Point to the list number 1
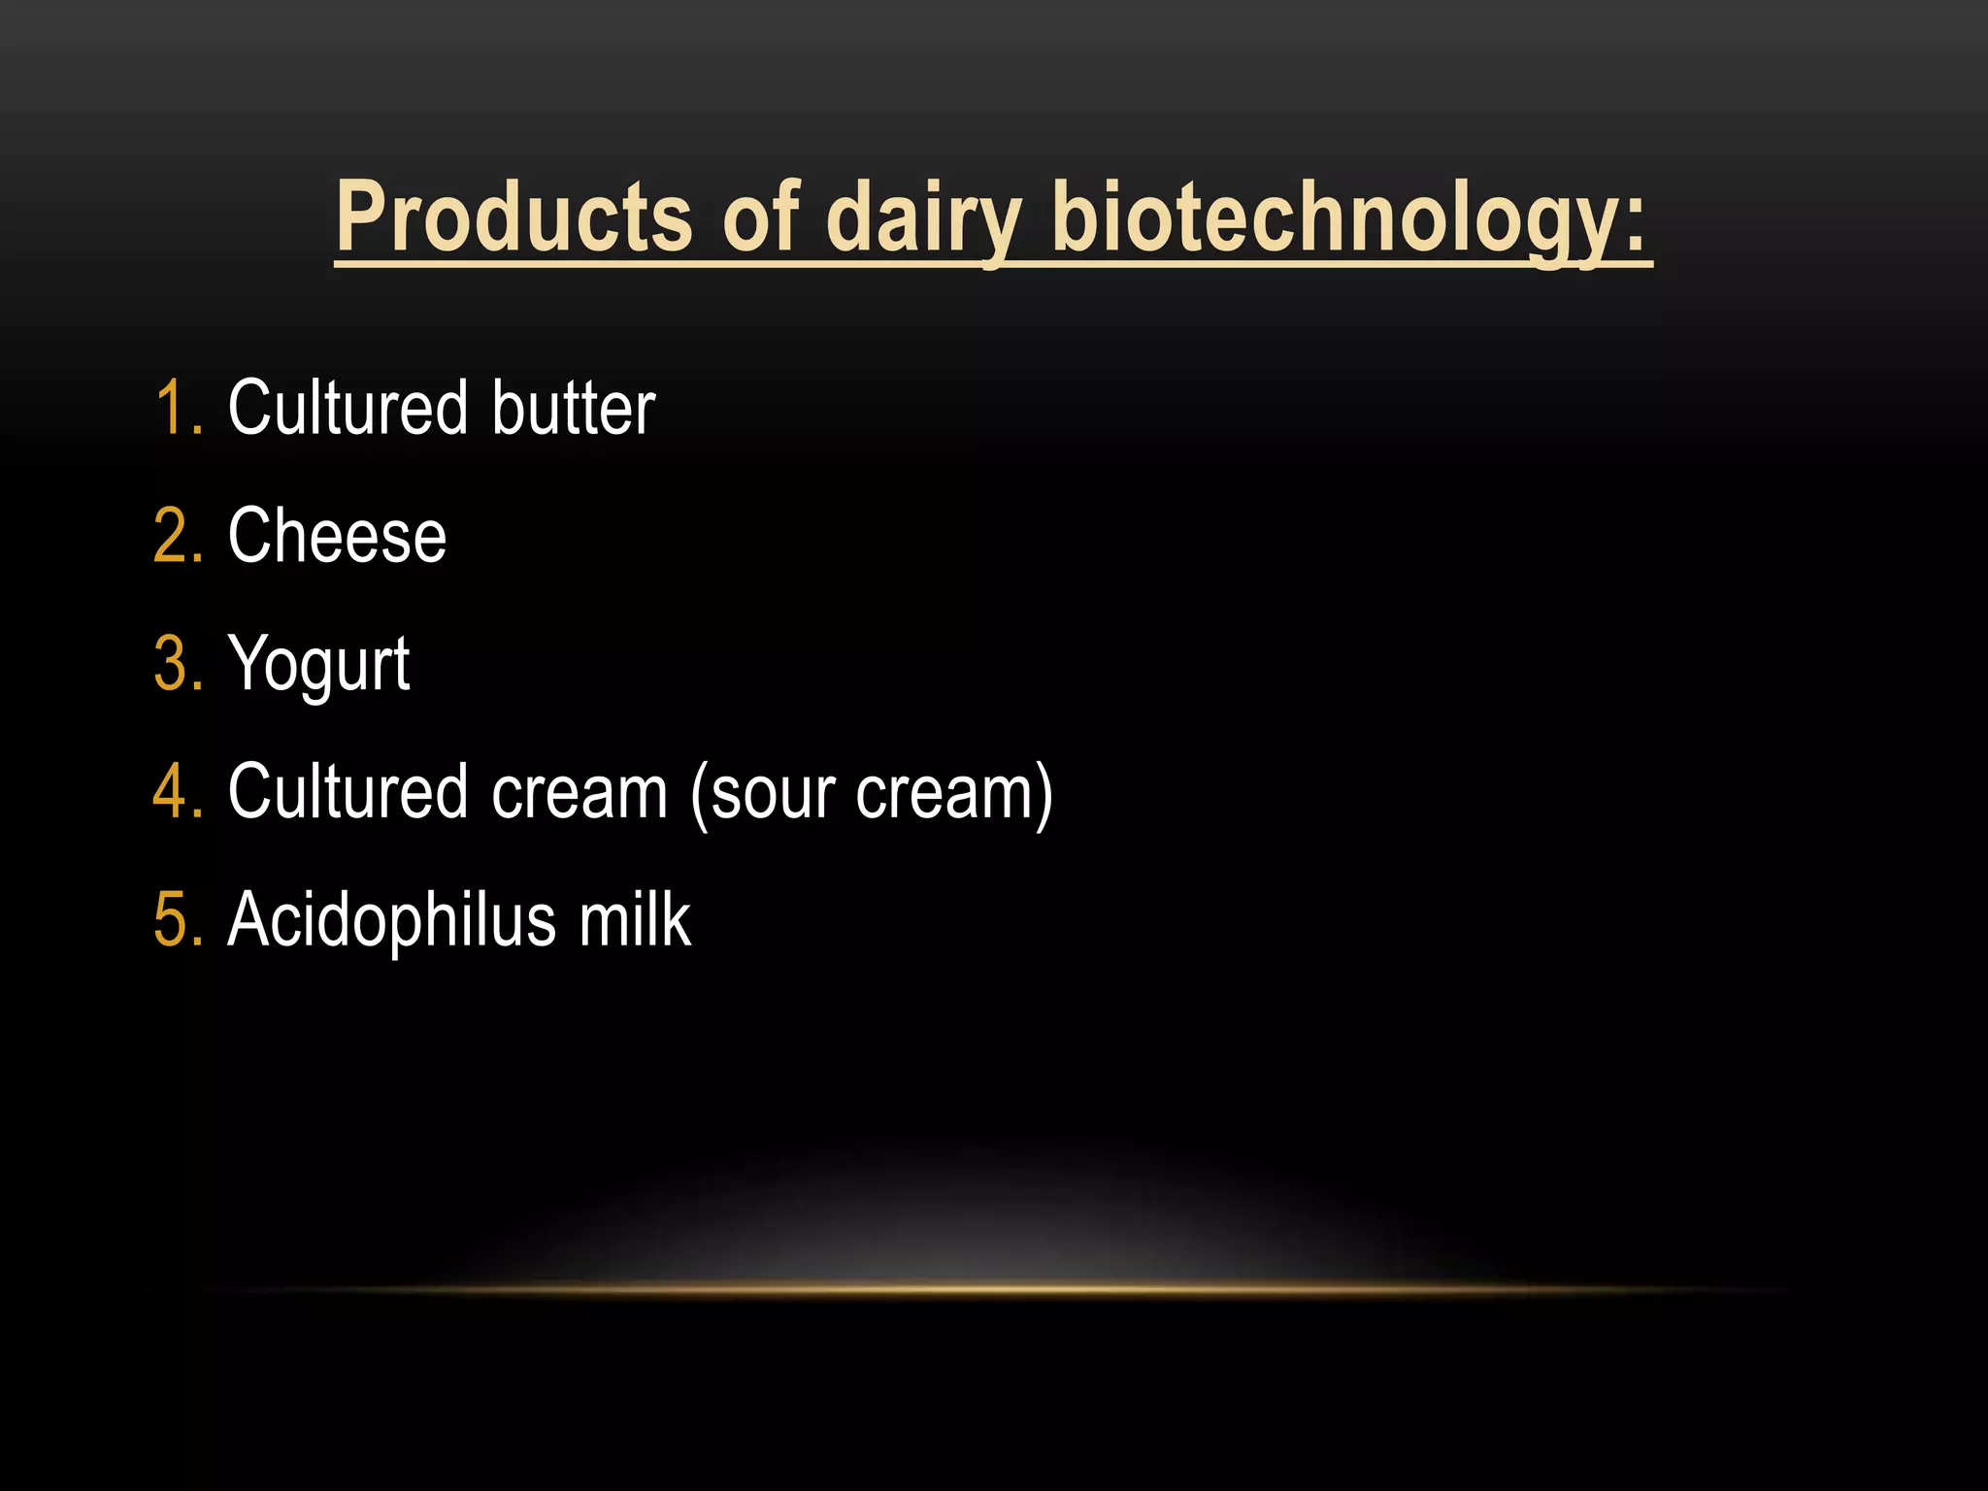point(178,408)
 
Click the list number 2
point(178,536)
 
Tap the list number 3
point(178,664)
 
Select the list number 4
point(178,792)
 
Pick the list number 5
point(178,920)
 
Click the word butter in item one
point(573,408)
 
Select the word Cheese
point(337,536)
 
